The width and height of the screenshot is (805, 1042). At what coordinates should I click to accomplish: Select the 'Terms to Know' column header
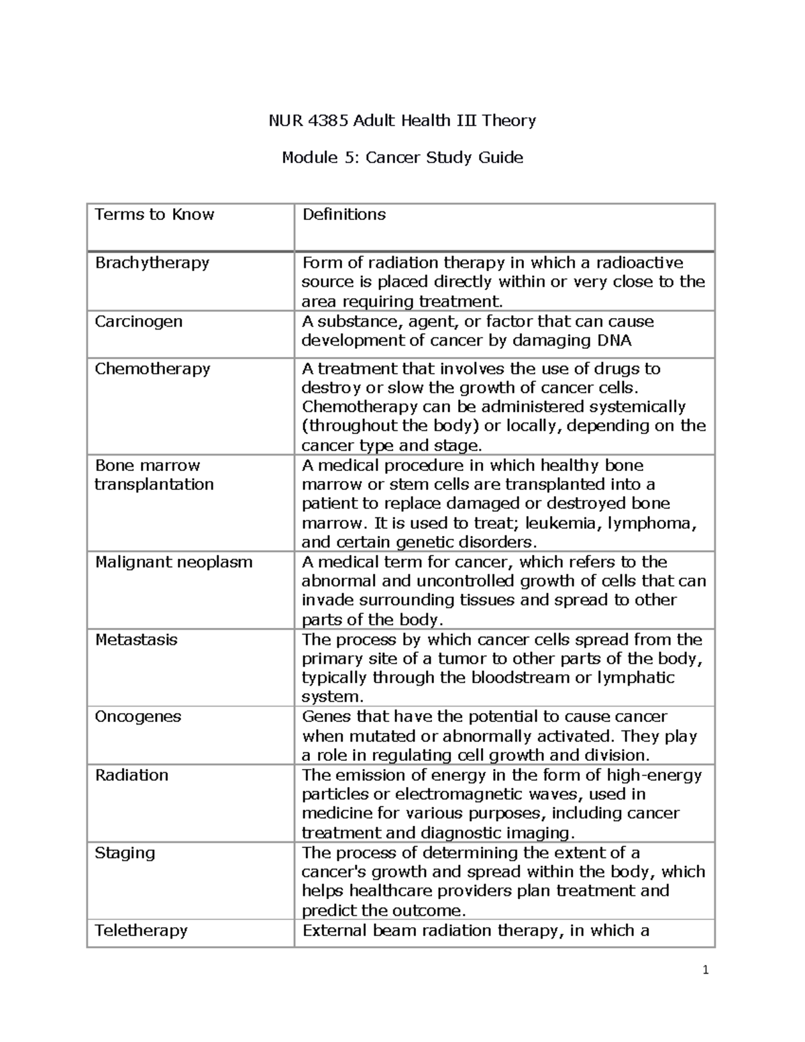(154, 215)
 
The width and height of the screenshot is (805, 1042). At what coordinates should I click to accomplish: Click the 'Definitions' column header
(344, 215)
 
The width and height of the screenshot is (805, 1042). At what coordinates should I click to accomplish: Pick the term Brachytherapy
(152, 262)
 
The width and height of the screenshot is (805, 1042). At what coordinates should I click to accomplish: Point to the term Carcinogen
(138, 321)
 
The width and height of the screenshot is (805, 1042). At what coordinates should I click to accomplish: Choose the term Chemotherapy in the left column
(152, 369)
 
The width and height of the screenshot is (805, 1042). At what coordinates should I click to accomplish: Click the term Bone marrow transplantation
(154, 475)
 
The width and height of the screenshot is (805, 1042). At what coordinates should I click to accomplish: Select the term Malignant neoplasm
(174, 562)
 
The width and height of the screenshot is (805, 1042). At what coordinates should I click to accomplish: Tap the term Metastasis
(136, 639)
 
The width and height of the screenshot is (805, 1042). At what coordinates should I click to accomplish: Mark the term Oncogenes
(138, 717)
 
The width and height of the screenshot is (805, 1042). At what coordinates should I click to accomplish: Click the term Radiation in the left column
(131, 776)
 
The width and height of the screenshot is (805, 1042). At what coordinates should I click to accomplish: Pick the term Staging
(125, 853)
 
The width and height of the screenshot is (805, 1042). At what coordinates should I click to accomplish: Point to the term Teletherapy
(141, 931)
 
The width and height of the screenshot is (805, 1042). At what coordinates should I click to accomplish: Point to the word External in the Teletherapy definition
(332, 931)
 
